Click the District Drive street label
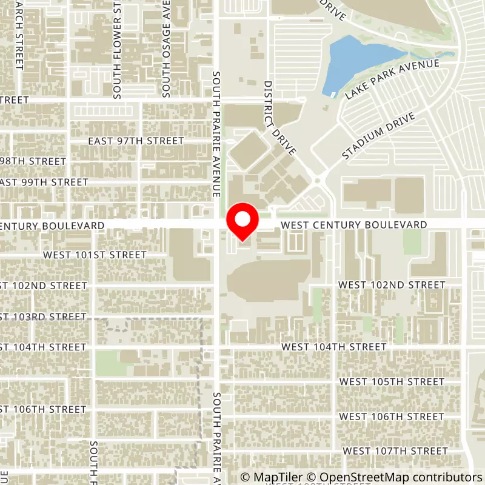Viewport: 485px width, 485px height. (279, 118)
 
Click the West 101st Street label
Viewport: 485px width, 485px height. (95, 255)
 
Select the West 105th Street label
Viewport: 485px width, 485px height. (392, 381)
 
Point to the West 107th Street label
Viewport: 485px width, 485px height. (395, 451)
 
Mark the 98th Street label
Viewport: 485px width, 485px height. (33, 161)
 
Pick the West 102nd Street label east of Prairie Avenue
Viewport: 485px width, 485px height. (392, 284)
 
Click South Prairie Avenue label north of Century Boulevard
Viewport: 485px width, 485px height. (216, 133)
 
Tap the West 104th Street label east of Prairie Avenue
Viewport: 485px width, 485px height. (334, 347)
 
